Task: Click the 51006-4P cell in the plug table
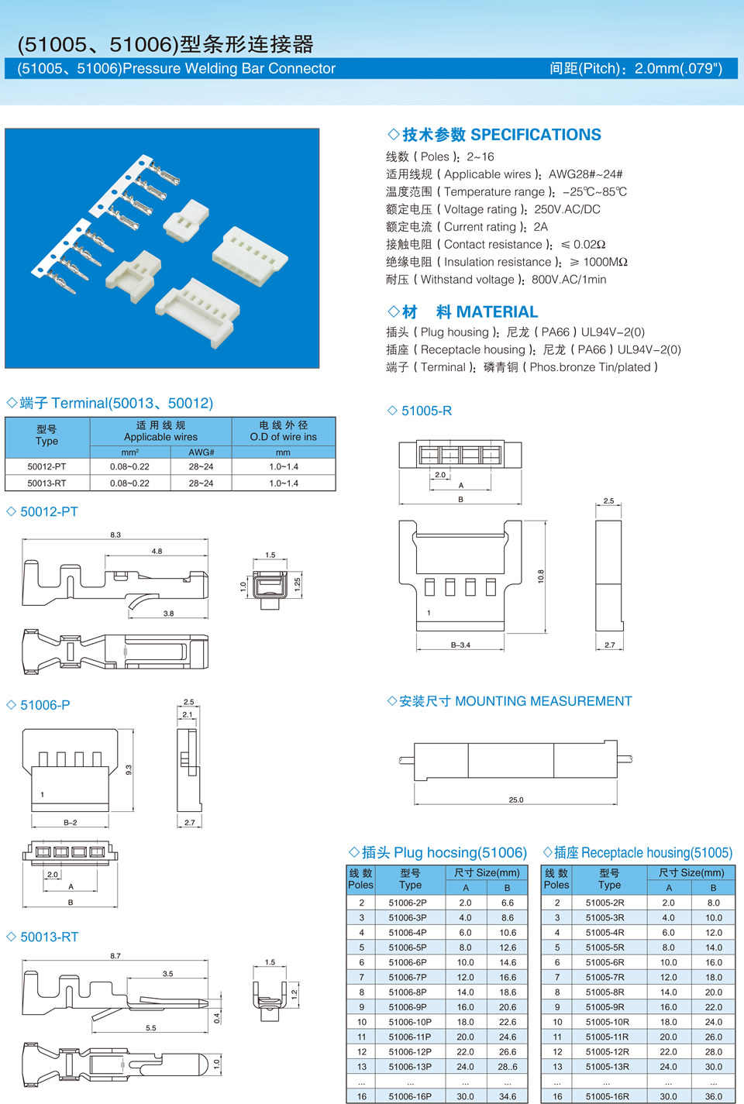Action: [407, 933]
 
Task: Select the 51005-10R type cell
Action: [607, 1022]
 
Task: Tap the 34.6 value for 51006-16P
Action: [508, 1096]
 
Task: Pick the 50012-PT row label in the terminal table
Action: [46, 466]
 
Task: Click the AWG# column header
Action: [201, 452]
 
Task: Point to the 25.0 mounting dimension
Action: [515, 800]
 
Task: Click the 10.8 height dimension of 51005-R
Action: [541, 576]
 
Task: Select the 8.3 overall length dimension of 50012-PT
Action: [115, 535]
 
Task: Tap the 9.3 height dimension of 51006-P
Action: [129, 769]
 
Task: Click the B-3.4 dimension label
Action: [460, 645]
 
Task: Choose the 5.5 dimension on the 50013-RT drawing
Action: [151, 1027]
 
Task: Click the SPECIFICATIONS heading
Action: [536, 135]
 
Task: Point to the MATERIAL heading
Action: [497, 312]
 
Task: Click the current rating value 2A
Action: [540, 227]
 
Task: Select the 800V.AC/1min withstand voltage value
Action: [569, 280]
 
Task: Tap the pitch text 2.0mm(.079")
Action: [678, 68]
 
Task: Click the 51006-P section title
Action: [45, 705]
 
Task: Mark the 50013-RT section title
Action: [50, 937]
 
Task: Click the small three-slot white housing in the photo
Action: [186, 219]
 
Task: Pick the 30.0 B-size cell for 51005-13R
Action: [713, 1067]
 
